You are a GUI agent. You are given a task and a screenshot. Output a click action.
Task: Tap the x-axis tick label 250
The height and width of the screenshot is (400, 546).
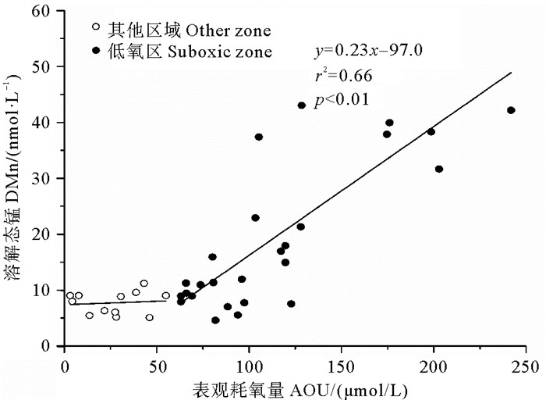[x=525, y=364]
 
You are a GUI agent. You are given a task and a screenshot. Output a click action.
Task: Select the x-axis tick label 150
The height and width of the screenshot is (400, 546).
[x=341, y=364]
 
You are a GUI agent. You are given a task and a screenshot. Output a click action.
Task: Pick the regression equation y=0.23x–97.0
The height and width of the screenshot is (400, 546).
[x=368, y=52]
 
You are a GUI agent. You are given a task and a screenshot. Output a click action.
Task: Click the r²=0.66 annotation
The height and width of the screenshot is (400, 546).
[x=343, y=76]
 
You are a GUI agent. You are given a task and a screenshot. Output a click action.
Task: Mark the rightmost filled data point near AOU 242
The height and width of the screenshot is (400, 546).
[x=511, y=110]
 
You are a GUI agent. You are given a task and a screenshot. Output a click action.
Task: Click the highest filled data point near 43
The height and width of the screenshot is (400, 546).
[x=301, y=105]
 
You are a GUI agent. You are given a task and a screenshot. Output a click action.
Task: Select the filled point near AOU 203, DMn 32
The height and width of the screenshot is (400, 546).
[x=439, y=169]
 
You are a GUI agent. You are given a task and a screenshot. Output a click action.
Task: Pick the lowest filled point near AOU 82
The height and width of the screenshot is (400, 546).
[x=215, y=320]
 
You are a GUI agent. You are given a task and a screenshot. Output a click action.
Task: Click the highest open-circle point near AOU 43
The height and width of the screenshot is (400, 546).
[x=144, y=284]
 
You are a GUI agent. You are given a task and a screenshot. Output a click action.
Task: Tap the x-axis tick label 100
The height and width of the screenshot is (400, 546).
[x=249, y=364]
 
